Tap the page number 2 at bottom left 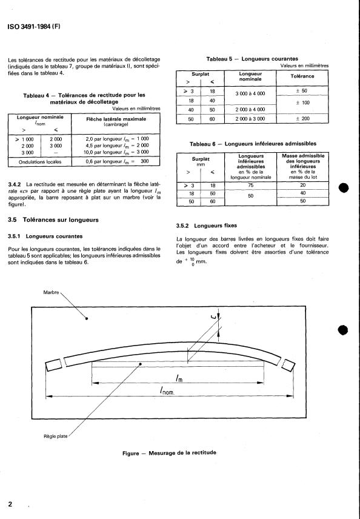coord(10,504)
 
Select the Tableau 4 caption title coord(84,99)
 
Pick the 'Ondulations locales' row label coord(35,162)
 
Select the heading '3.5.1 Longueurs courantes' coord(47,236)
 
